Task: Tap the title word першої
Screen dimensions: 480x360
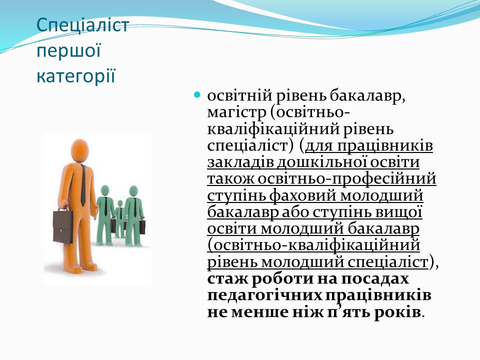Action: pyautogui.click(x=68, y=50)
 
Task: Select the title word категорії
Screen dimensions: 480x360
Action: pyautogui.click(x=76, y=76)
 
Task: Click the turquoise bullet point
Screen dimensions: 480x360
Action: pyautogui.click(x=197, y=94)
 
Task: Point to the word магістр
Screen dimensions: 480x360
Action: pyautogui.click(x=236, y=112)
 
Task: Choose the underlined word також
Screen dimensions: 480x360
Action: pyautogui.click(x=230, y=179)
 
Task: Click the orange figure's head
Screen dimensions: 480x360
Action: pyautogui.click(x=80, y=150)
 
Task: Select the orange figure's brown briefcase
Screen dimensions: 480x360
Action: pyautogui.click(x=63, y=226)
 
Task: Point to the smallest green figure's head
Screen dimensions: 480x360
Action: pyautogui.click(x=120, y=203)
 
